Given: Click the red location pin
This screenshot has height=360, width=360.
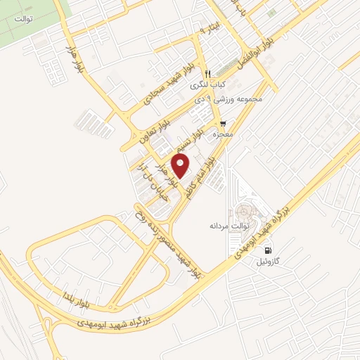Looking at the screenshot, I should pyautogui.click(x=181, y=167).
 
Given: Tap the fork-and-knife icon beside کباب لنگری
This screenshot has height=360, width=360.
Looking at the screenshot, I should pyautogui.click(x=207, y=74).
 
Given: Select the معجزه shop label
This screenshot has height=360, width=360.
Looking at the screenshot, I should pyautogui.click(x=224, y=134).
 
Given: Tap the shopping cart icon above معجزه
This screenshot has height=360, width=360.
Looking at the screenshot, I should pyautogui.click(x=224, y=123).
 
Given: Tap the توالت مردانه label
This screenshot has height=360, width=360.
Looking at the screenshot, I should pyautogui.click(x=226, y=226).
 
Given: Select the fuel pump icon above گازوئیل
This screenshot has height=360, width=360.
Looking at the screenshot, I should pyautogui.click(x=267, y=250).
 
